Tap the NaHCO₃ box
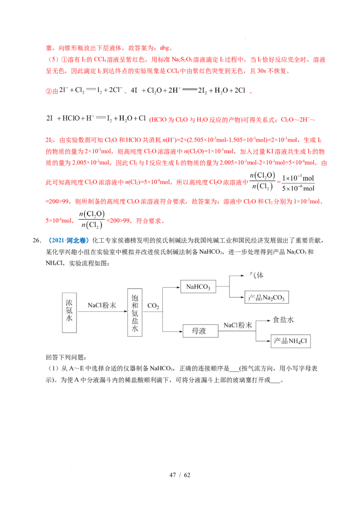point(198,286)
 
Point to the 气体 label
point(254,276)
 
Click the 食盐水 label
point(283,320)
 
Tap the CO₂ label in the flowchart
point(153,307)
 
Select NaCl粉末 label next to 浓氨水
point(102,305)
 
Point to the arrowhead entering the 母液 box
point(180,331)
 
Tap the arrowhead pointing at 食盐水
point(269,320)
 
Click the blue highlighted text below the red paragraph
point(68,241)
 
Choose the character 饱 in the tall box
point(135,299)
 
